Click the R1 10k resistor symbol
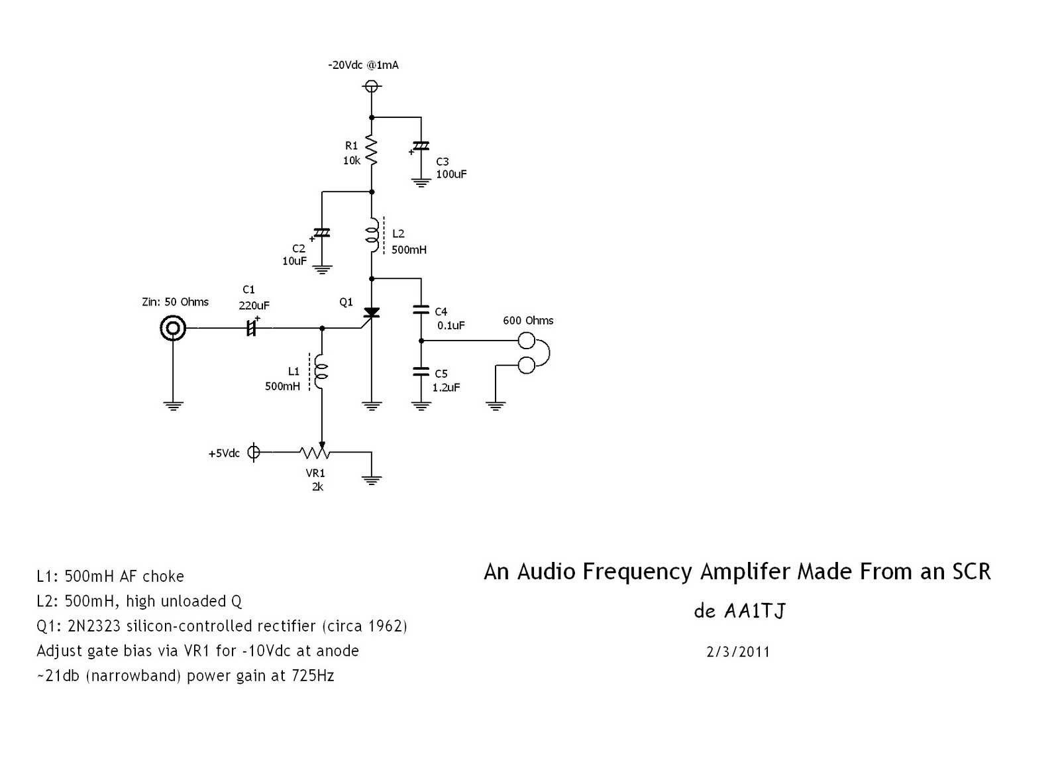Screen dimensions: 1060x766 [372, 150]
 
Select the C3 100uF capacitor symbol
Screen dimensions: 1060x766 [421, 146]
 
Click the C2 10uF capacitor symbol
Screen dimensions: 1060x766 [321, 233]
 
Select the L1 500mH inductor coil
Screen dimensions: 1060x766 [321, 371]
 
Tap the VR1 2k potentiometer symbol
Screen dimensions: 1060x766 [315, 453]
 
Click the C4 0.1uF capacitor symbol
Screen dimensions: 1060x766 [421, 310]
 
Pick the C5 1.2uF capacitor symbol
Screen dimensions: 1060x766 [421, 372]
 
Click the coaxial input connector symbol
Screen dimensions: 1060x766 [173, 328]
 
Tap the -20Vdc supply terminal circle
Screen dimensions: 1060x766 [372, 86]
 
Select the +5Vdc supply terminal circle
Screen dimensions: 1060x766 [254, 453]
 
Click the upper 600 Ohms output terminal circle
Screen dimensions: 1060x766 [526, 341]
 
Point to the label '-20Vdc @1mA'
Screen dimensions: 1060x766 [364, 66]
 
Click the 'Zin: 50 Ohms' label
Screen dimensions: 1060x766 [175, 302]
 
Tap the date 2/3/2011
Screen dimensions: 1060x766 [738, 653]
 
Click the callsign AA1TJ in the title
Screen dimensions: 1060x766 [755, 611]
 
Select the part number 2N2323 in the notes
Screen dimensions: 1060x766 [93, 626]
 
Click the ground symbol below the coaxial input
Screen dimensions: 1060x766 [173, 406]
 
